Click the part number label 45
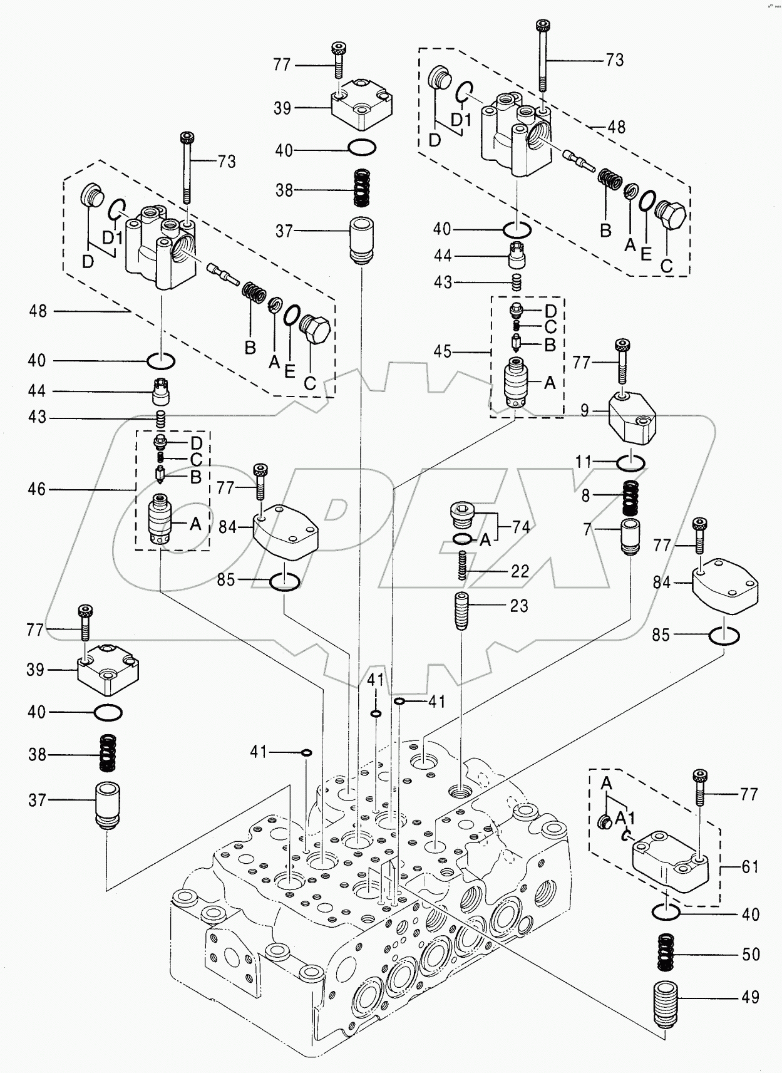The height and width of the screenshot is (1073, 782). click(x=442, y=351)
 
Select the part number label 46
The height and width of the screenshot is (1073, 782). click(x=37, y=489)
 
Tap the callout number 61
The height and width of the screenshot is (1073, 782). click(x=749, y=867)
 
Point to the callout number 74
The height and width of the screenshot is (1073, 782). click(x=521, y=527)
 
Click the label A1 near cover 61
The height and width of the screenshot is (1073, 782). click(x=625, y=819)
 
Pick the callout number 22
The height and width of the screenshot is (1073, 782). click(x=520, y=571)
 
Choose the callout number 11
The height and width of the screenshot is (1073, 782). click(x=584, y=463)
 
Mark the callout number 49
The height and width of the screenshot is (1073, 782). click(x=750, y=997)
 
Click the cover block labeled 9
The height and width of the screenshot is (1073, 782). click(x=632, y=419)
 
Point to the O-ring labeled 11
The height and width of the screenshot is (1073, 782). click(x=630, y=464)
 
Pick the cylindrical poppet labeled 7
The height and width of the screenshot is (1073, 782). click(x=630, y=535)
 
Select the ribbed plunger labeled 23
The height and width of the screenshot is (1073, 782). click(x=461, y=611)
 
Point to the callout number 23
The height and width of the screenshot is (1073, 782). click(x=519, y=606)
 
